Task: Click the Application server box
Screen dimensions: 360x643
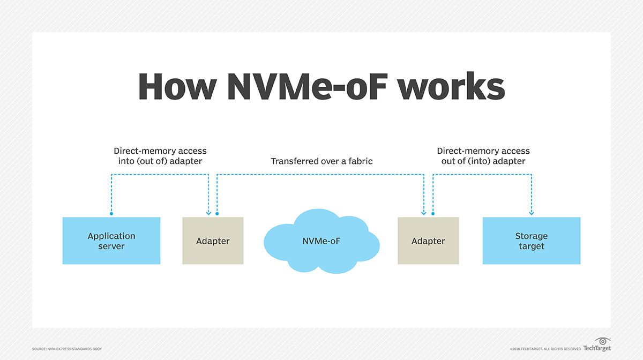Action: [111, 241]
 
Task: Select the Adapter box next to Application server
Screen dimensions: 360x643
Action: [213, 241]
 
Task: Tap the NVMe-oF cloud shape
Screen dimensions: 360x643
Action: [321, 241]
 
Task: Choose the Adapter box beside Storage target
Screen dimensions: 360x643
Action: [428, 241]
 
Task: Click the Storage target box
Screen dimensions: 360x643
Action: [531, 241]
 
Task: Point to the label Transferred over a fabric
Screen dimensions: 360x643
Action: [322, 161]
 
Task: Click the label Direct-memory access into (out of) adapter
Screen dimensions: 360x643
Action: [160, 156]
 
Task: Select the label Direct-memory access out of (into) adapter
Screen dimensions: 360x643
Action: [483, 156]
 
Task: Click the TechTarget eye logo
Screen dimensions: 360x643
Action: [603, 341]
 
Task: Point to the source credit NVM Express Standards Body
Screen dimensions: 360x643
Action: [67, 349]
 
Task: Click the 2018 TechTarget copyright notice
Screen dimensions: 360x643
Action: [545, 349]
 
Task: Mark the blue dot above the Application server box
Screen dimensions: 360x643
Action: [111, 214]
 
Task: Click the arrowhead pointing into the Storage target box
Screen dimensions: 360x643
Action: [532, 213]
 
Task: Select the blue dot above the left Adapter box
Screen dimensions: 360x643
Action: [217, 214]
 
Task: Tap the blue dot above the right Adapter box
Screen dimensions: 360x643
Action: [433, 214]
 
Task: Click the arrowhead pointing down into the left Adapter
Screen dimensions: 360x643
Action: [208, 213]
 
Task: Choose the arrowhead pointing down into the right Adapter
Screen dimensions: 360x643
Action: [424, 213]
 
